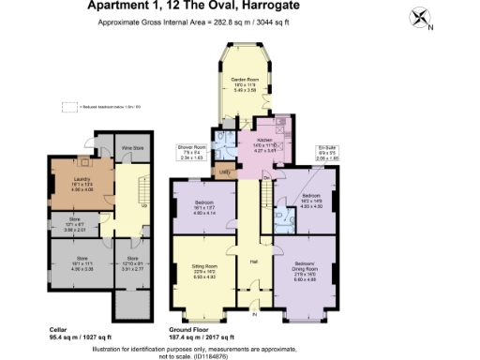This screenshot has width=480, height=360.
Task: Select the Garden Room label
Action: pos(246,83)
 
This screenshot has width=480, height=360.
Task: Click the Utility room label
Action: pos(224,172)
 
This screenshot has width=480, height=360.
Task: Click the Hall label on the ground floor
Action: pos(253,261)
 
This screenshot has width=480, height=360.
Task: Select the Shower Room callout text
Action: pos(190,151)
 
